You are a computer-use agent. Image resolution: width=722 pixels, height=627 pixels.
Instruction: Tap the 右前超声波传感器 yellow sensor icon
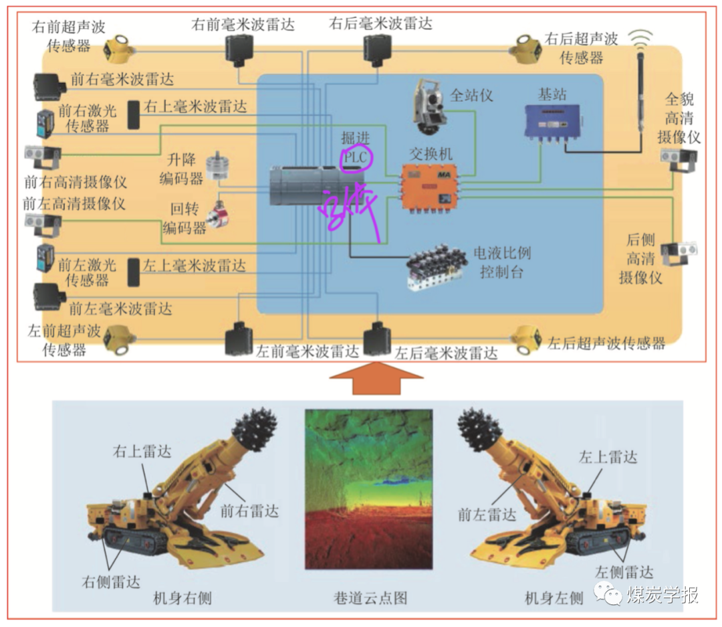coord(119,48)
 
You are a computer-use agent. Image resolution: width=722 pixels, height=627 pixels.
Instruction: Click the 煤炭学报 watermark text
coord(662,595)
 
